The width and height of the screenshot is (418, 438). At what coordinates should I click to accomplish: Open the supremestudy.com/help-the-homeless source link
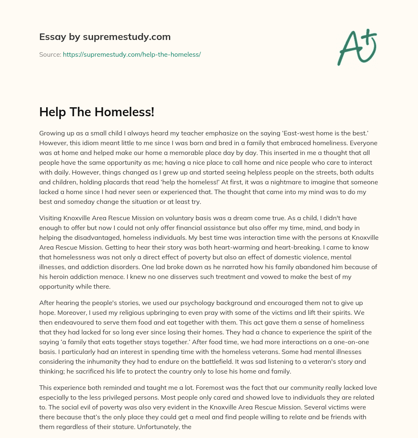131,54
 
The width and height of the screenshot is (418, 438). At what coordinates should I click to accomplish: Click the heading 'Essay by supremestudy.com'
105,37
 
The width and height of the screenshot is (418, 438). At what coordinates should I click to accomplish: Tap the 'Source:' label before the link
50,54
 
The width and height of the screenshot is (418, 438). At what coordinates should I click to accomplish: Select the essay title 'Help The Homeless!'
97,112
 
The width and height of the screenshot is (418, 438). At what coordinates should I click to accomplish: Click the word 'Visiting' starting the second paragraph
51,218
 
